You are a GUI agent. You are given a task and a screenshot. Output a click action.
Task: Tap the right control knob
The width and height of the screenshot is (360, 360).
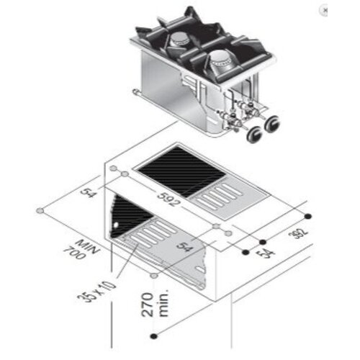click(x=271, y=125)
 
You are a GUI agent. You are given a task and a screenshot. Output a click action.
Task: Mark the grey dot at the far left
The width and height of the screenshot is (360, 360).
click(x=40, y=211)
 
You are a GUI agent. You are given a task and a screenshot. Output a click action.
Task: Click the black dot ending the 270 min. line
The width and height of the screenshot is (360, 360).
click(x=154, y=336)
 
